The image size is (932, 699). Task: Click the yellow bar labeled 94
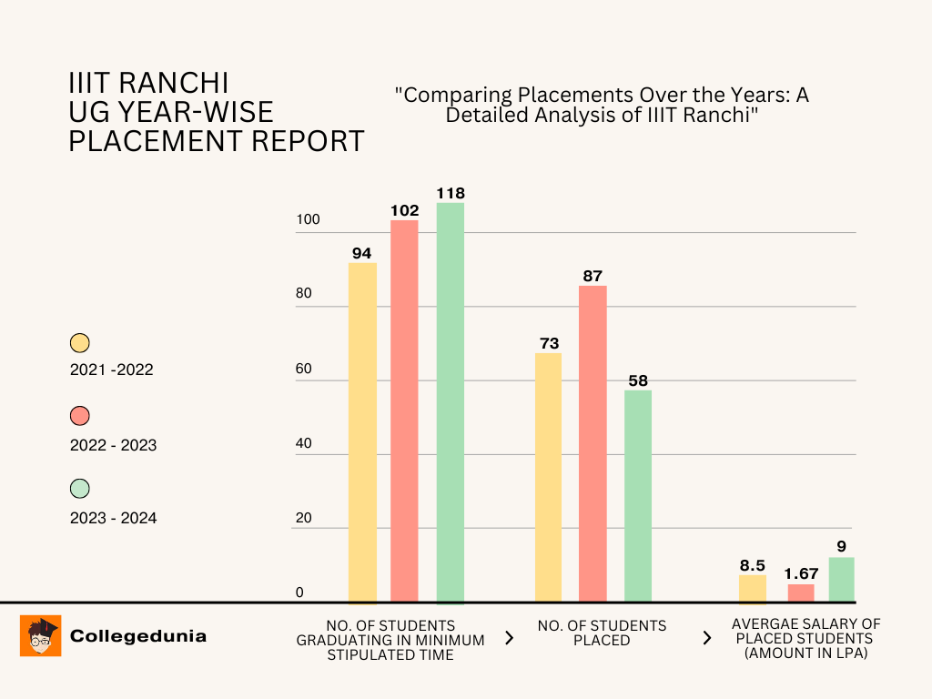click(362, 432)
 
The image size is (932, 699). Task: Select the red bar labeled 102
click(404, 410)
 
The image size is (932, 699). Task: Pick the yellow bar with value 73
click(548, 477)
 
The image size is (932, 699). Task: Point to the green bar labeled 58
click(637, 495)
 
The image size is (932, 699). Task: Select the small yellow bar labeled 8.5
click(752, 589)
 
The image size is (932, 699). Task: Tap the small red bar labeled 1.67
click(801, 593)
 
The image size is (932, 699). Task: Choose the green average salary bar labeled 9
click(841, 580)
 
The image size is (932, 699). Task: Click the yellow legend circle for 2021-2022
click(80, 343)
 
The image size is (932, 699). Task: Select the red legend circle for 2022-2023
click(80, 416)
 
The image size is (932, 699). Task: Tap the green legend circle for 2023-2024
click(80, 489)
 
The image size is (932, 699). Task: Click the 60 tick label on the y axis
click(303, 370)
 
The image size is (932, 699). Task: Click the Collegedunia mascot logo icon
click(41, 635)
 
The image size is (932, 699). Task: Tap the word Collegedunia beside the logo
click(138, 636)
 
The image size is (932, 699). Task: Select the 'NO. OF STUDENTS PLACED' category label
click(602, 633)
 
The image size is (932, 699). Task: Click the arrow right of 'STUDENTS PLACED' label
click(706, 638)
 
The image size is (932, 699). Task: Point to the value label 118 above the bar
click(450, 193)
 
